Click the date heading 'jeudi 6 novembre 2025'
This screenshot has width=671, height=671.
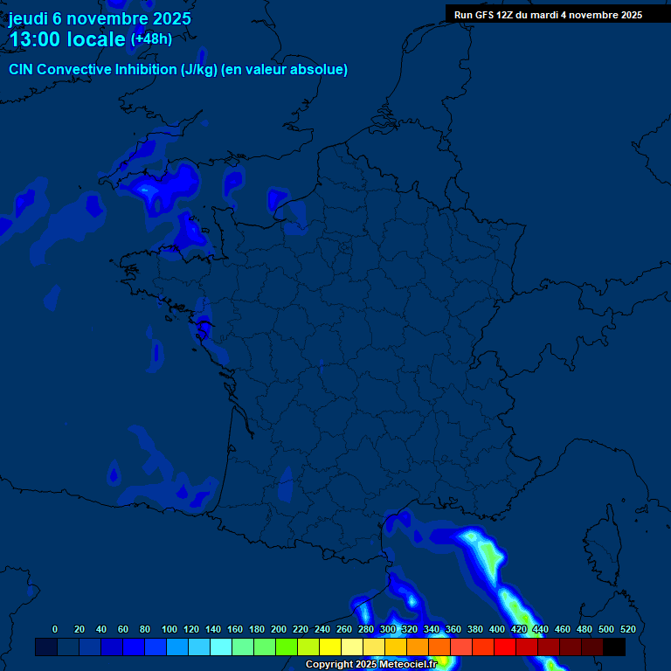pyautogui.click(x=100, y=18)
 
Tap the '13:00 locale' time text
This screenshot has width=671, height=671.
pyautogui.click(x=67, y=39)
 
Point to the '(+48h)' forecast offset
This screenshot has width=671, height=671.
pyautogui.click(x=151, y=39)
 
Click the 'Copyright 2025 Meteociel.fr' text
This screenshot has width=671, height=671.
pyautogui.click(x=371, y=665)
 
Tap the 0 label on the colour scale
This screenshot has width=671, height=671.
pyautogui.click(x=55, y=629)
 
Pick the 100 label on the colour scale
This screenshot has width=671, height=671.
pyautogui.click(x=169, y=629)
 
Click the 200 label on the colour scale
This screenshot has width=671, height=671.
pyautogui.click(x=279, y=629)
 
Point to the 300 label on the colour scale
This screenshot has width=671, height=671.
pyautogui.click(x=388, y=629)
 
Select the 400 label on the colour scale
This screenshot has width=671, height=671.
pyautogui.click(x=497, y=629)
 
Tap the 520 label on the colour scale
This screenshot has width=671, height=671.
pyautogui.click(x=627, y=629)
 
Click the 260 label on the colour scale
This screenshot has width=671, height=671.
pyautogui.click(x=344, y=629)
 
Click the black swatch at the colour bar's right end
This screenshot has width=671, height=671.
pyautogui.click(x=614, y=647)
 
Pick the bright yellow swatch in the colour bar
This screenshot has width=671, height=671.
pyautogui.click(x=330, y=647)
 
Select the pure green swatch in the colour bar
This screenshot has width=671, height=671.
pyautogui.click(x=287, y=647)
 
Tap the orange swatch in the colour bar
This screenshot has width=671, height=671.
pyautogui.click(x=418, y=647)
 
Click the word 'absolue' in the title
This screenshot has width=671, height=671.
pyautogui.click(x=322, y=70)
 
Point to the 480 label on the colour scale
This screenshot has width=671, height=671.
pyautogui.click(x=585, y=629)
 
